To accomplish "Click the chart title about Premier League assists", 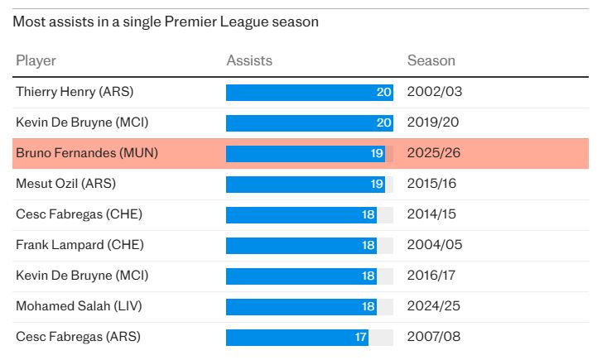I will coord(166,22).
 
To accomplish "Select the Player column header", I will coord(36,60).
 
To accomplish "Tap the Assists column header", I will coord(249,60).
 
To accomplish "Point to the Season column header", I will coord(431,60).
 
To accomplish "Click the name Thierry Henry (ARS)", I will coord(75,92).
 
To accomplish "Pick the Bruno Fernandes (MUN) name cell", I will coord(87,153).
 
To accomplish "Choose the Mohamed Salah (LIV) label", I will coord(79,306).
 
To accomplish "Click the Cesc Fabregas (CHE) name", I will coord(79,214).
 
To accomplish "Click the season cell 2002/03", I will coord(435,92).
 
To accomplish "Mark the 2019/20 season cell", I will coord(435,122).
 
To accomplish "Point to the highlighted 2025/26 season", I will coord(435,153).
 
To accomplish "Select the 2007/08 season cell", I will coord(435,337).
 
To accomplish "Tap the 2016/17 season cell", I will coord(435,276).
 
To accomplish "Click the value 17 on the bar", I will coord(360,337).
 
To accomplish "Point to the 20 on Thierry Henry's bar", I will coord(384,92).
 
